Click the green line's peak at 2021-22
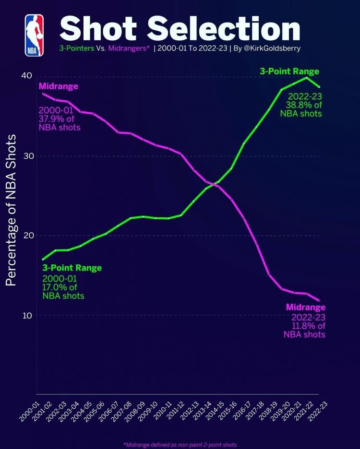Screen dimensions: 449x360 pyautogui.click(x=306, y=77)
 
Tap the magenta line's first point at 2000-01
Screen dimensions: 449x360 pyautogui.click(x=43, y=94)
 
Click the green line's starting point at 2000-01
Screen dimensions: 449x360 pyautogui.click(x=43, y=260)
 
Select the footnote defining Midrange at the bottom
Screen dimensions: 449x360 pyautogui.click(x=180, y=445)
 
